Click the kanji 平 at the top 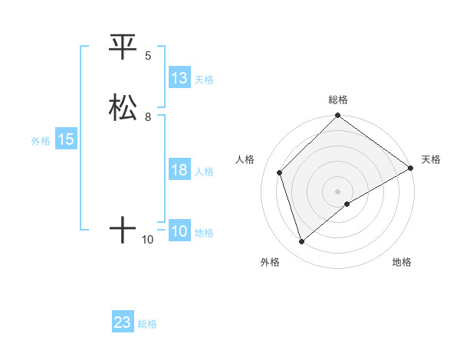tap(123, 47)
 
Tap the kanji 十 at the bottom tap(123, 229)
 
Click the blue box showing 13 tap(179, 78)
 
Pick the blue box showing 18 tap(179, 170)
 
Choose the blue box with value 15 tap(65, 139)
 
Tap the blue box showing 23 tap(123, 322)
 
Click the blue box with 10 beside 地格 tap(179, 231)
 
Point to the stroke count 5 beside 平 tap(148, 56)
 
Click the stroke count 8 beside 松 tap(148, 117)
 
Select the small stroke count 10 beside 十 tap(148, 240)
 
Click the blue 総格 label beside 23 tap(147, 324)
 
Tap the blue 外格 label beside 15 tap(41, 141)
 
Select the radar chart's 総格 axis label tap(338, 100)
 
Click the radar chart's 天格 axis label tap(431, 159)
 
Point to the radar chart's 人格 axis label tap(245, 159)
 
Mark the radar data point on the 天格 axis tap(411, 168)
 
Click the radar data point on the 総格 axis tap(338, 116)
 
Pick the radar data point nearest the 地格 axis tap(347, 204)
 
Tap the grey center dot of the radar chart tap(338, 191)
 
